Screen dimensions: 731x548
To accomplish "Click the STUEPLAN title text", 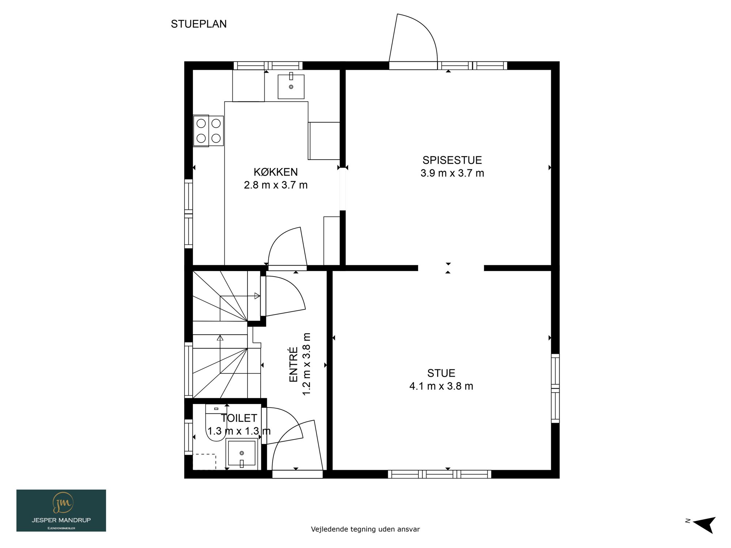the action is point(199,24).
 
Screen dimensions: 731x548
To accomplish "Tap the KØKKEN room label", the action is point(276,172).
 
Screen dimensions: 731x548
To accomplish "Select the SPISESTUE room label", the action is point(452,160).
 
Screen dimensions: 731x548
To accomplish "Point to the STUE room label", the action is point(441,373).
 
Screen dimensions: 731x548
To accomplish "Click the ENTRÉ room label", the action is point(293,364).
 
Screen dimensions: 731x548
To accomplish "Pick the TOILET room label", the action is point(239,418).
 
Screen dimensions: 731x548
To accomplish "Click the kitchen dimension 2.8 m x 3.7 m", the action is point(276,185).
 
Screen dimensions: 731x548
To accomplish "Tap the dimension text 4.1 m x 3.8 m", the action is point(441,386).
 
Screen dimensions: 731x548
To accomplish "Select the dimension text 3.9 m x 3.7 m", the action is point(452,173).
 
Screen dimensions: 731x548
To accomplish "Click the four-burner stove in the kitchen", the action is point(208,131).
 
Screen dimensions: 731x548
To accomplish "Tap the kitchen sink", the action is point(291,87).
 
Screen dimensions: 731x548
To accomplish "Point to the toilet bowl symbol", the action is point(216,423).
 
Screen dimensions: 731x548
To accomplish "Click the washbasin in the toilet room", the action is point(242,453).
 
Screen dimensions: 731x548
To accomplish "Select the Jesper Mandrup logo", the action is point(61,510).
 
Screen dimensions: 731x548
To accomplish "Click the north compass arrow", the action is point(704,525).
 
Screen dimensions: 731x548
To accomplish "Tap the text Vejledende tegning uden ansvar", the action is point(365,529).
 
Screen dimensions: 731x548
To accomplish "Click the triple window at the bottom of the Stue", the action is point(439,474).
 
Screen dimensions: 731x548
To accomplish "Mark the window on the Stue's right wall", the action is point(555,388).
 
